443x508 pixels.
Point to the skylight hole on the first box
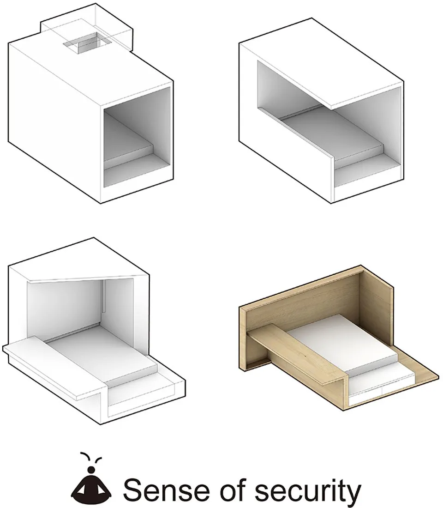click(x=86, y=42)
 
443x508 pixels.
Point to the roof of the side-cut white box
click(x=321, y=61)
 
